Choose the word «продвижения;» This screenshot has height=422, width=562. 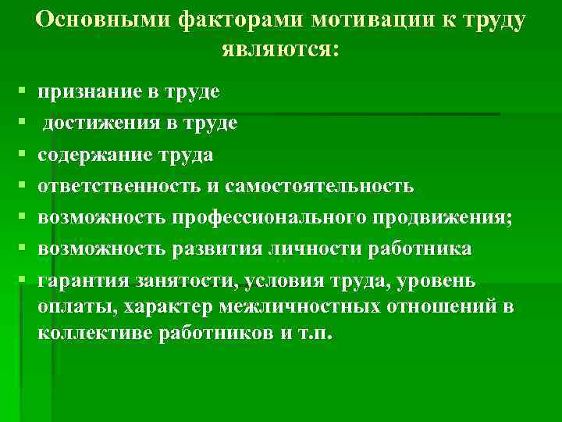[x=444, y=217]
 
